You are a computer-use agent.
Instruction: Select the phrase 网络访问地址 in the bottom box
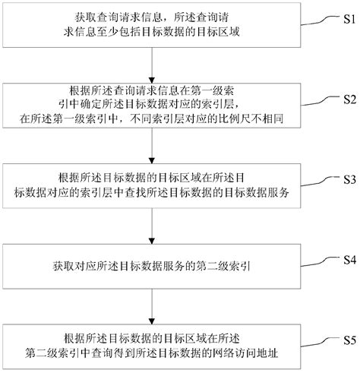[x=230, y=353]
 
